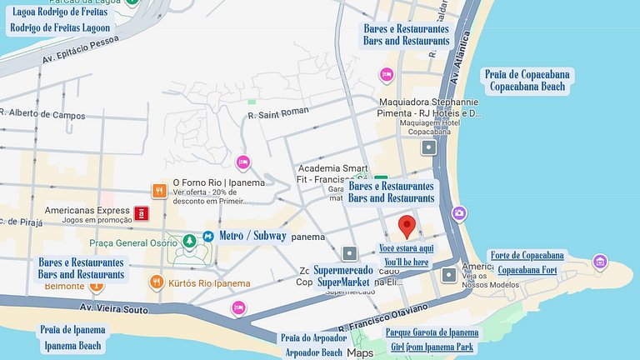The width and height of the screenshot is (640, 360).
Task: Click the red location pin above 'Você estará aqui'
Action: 407,226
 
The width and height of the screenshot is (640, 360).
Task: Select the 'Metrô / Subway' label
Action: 252,236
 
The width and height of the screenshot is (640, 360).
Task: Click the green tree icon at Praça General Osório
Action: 189,240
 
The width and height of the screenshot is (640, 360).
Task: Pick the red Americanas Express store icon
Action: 142,212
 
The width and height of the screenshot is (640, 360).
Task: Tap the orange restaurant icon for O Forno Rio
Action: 157,191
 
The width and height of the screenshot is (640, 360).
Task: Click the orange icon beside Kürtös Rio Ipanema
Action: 157,282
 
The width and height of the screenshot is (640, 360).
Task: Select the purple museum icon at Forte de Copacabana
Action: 599,262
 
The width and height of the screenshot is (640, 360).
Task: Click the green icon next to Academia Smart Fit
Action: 381,179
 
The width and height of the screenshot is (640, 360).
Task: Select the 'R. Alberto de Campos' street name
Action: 43,115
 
